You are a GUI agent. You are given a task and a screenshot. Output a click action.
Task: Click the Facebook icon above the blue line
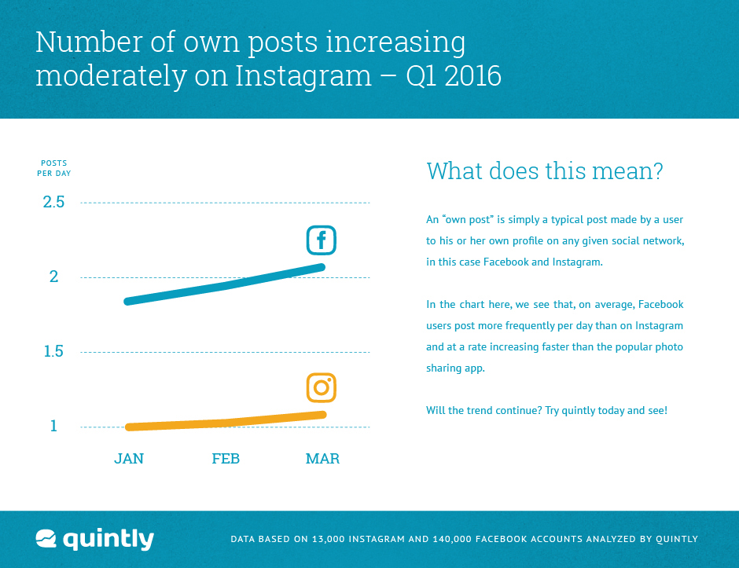pyautogui.click(x=321, y=240)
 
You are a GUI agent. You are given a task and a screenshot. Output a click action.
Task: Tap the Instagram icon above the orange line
pyautogui.click(x=321, y=387)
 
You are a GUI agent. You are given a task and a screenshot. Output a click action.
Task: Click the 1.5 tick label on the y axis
pyautogui.click(x=54, y=352)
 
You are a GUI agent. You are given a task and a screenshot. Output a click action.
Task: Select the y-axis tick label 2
pyautogui.click(x=54, y=277)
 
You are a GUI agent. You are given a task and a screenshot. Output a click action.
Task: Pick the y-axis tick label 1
pyautogui.click(x=54, y=427)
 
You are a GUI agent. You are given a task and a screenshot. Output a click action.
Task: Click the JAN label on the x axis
pyautogui.click(x=129, y=459)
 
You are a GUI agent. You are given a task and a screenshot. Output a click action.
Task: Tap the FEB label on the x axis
pyautogui.click(x=226, y=459)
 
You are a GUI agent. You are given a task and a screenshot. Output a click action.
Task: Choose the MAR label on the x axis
pyautogui.click(x=322, y=459)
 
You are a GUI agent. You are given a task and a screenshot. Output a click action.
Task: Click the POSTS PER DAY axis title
pyautogui.click(x=54, y=168)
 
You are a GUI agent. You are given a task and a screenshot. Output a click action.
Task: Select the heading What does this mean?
pyautogui.click(x=545, y=170)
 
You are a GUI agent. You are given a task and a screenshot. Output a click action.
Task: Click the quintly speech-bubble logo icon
pyautogui.click(x=46, y=539)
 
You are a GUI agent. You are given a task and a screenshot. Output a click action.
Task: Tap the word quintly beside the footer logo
pyautogui.click(x=108, y=540)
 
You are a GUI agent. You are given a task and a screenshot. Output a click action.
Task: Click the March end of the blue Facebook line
pyautogui.click(x=322, y=267)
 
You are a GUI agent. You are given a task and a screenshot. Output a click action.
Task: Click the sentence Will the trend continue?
pyautogui.click(x=483, y=411)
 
